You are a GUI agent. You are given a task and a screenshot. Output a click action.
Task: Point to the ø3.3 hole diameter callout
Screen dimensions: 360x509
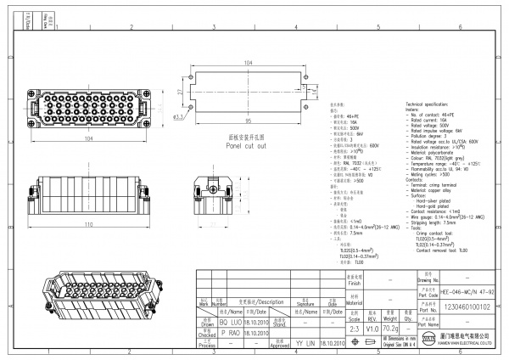coord(180,116)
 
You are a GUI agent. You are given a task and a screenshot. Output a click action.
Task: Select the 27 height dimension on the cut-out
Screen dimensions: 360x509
coord(182,90)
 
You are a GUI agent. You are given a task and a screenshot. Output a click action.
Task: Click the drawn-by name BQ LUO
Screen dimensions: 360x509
coord(232,323)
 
